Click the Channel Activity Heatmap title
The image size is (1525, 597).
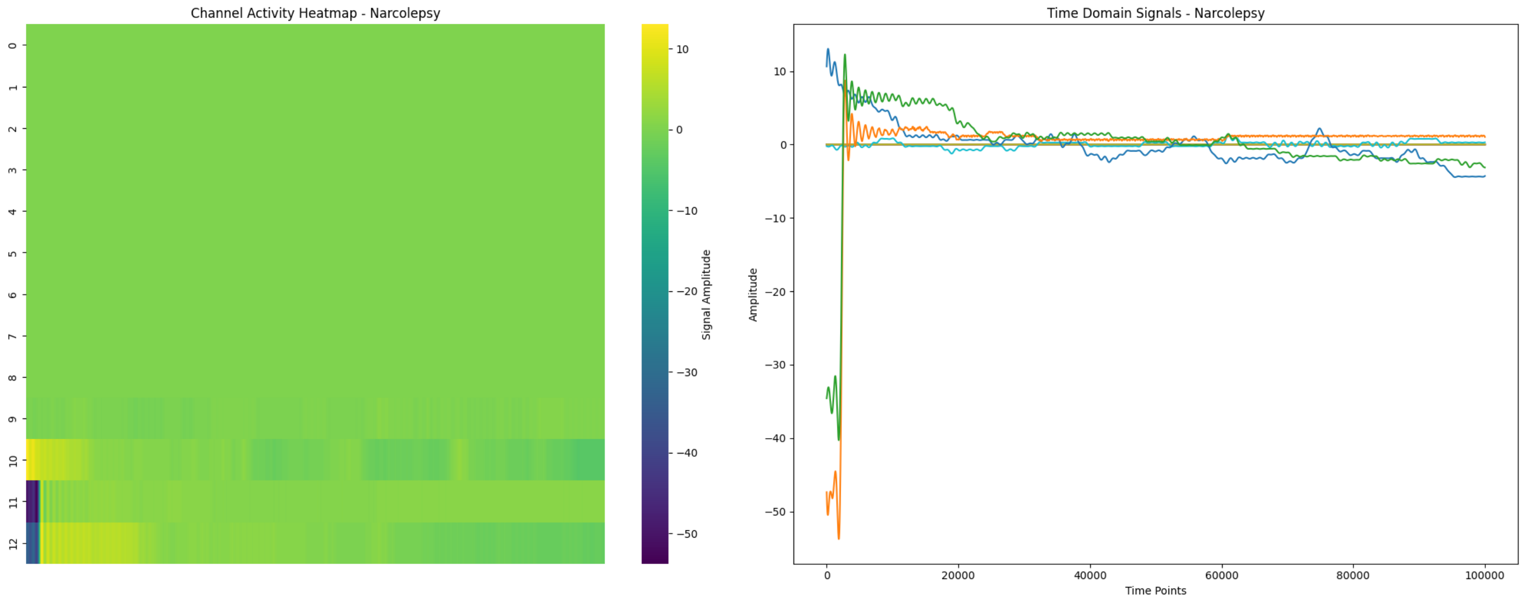[315, 13]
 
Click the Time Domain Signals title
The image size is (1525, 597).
[1155, 13]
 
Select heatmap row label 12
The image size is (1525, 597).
[12, 543]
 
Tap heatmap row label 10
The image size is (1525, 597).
[12, 460]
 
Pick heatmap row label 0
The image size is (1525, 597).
[12, 45]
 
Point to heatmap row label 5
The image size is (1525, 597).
[12, 253]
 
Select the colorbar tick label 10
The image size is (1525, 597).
[682, 49]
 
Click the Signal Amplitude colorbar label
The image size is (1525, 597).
[706, 295]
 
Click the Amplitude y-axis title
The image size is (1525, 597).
[753, 295]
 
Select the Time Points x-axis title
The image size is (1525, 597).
[1155, 590]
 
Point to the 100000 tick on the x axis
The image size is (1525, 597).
[1484, 575]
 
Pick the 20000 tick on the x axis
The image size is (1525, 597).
[958, 575]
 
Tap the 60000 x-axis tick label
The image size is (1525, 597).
[1221, 575]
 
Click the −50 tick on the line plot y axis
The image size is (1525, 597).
[775, 512]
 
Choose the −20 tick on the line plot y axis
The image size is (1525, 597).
[775, 291]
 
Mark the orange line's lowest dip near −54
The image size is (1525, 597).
[839, 538]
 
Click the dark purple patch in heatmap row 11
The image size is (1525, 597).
[32, 501]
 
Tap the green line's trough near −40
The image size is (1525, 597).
[839, 440]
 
